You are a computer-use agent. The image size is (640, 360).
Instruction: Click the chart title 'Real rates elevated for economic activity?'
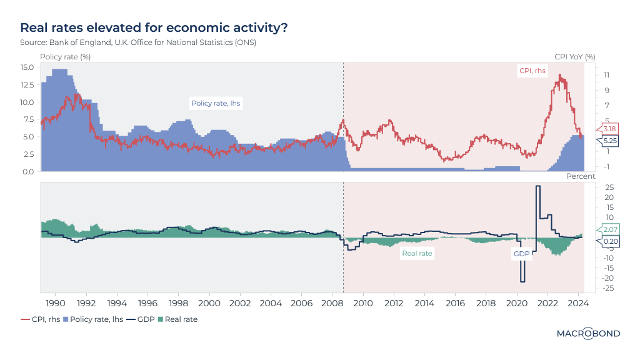154,27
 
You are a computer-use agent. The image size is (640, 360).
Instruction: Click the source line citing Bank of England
138,42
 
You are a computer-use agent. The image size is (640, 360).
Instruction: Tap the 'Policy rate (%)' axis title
66,57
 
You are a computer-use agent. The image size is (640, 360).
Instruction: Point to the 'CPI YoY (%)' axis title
575,57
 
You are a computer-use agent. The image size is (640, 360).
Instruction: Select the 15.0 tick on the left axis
27,67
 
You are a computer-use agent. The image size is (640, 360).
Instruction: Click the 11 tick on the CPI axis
606,75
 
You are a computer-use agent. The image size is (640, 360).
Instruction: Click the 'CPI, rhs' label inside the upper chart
532,71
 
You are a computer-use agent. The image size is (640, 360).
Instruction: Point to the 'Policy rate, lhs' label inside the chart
216,104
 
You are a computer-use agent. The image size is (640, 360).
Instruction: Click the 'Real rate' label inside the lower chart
417,253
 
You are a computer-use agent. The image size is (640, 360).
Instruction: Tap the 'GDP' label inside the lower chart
521,254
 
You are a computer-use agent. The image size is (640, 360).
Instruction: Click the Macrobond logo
588,334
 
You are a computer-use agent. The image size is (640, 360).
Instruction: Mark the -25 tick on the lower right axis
606,288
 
